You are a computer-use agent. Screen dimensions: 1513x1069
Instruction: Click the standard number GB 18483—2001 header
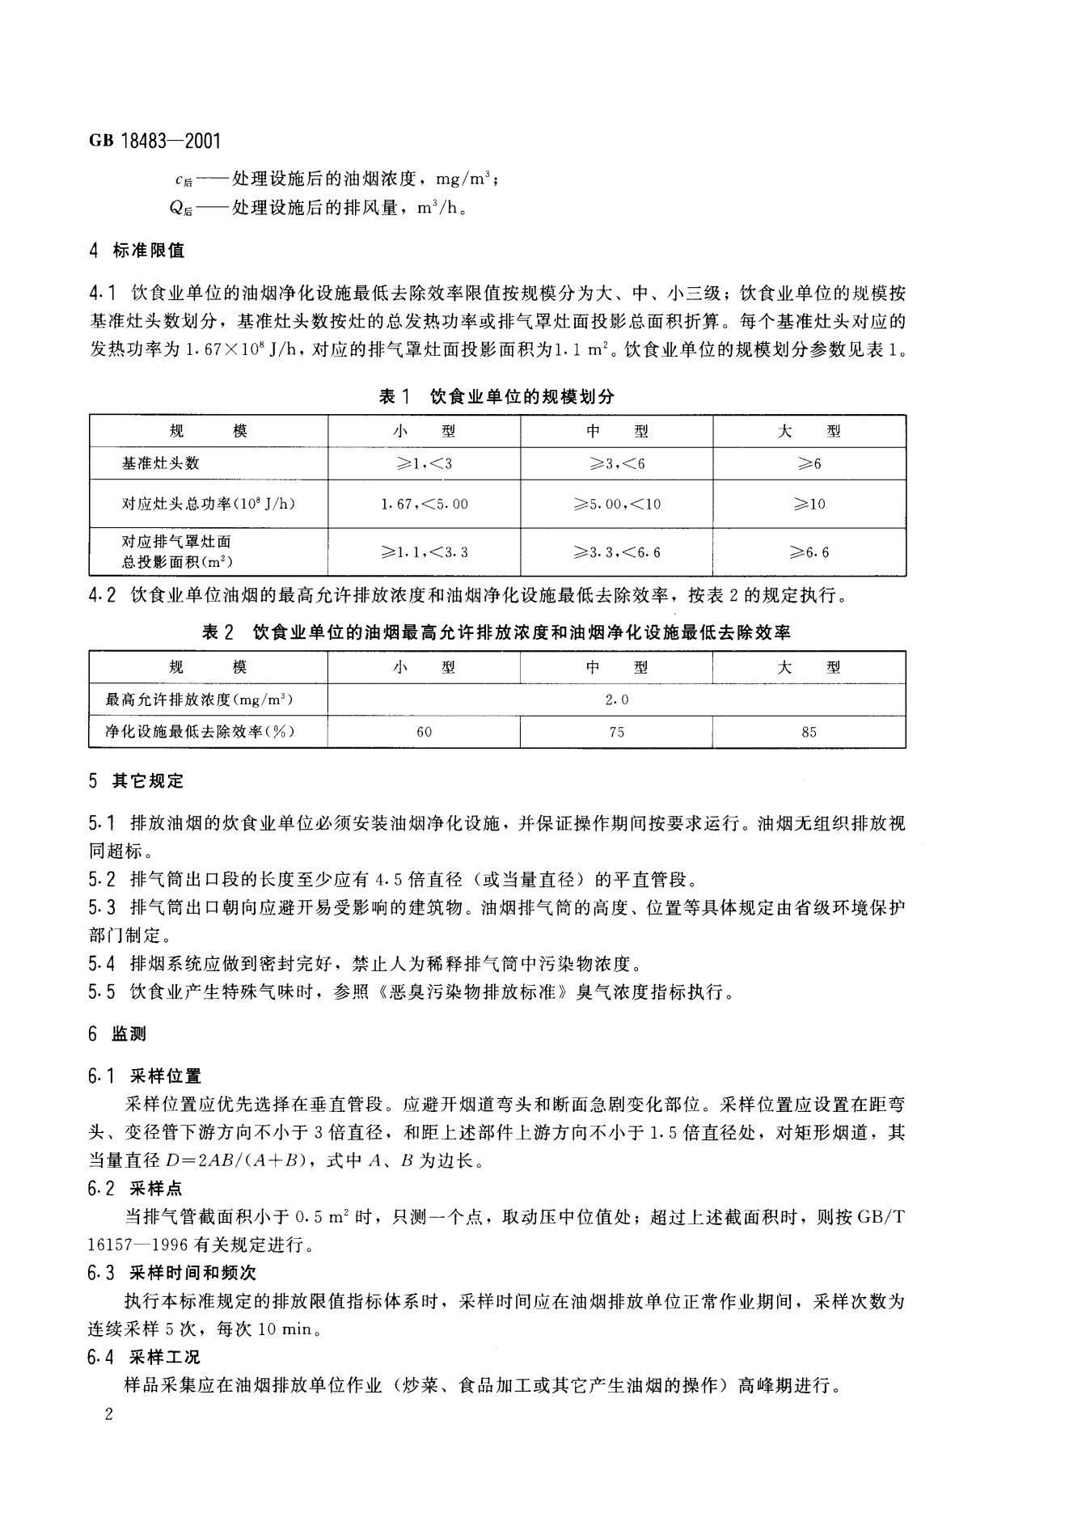click(154, 142)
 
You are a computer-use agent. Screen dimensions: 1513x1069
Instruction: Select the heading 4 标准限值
click(137, 251)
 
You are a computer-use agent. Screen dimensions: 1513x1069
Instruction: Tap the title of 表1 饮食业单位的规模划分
click(496, 396)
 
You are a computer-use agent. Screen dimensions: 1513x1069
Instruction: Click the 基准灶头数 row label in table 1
click(160, 463)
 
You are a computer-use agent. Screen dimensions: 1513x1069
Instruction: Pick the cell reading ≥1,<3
click(424, 463)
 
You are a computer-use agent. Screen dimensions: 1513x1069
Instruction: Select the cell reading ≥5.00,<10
click(617, 504)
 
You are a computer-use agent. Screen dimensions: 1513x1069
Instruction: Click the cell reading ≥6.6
click(809, 552)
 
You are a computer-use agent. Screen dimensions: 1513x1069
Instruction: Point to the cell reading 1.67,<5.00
click(424, 504)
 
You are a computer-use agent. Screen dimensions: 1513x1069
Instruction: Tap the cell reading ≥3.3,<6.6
click(617, 552)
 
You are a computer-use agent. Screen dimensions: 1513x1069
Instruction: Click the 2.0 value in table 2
click(617, 699)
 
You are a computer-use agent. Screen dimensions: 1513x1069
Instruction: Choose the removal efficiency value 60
click(424, 732)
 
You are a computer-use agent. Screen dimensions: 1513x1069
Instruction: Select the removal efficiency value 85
click(809, 732)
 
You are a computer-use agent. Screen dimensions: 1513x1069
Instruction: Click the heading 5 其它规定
click(137, 780)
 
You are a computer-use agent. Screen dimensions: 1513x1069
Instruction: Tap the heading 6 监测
click(118, 1033)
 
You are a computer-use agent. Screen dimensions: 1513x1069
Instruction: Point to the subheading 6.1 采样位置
click(145, 1076)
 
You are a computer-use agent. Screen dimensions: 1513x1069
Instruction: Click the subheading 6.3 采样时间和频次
click(171, 1272)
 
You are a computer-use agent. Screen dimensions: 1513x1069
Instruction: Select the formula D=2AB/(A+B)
click(239, 1160)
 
